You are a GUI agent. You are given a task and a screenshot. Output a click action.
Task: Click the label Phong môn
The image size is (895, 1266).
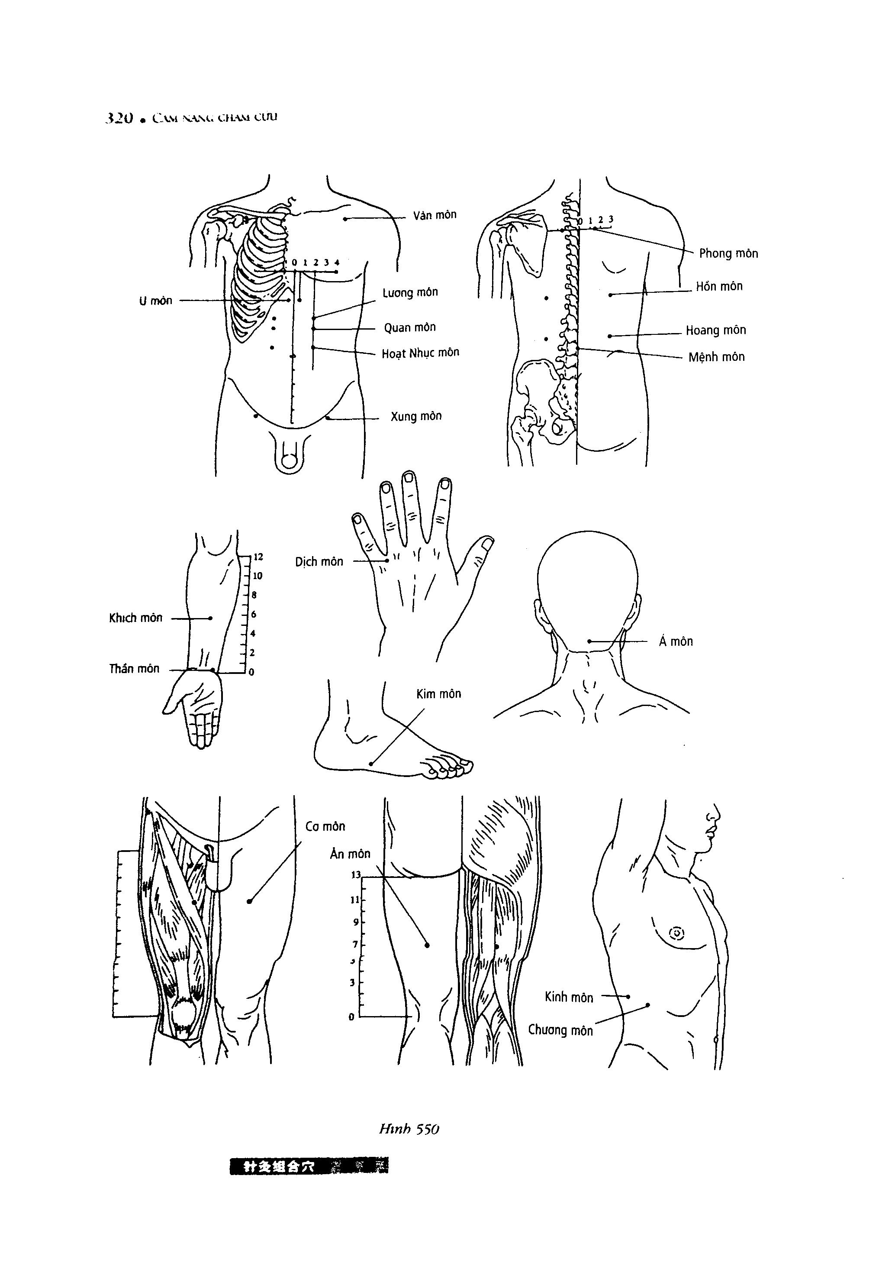728,254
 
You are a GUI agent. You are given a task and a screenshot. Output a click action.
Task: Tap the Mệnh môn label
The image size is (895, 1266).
716,357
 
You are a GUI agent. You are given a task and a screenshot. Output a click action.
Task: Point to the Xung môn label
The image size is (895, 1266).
416,416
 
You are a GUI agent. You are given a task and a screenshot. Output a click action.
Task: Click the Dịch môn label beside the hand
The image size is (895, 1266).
319,562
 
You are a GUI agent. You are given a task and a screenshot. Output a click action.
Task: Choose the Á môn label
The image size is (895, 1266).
676,641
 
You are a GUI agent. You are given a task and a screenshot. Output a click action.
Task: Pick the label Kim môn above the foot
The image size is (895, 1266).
439,694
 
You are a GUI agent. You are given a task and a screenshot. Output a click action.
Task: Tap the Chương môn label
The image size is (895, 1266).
560,1030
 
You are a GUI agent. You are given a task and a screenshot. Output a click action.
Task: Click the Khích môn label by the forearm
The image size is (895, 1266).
135,618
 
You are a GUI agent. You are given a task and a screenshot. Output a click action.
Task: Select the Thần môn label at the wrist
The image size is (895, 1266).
134,669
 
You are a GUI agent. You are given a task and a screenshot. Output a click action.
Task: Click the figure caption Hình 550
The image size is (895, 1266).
409,1129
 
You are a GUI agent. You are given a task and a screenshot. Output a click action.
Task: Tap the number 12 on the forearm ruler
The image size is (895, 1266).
258,557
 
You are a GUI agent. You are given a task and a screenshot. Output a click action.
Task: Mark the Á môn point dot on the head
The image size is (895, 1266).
589,641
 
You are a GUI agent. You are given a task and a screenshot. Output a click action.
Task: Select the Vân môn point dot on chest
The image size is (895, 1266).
345,219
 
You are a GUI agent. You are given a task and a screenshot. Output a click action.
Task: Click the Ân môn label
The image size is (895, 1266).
350,854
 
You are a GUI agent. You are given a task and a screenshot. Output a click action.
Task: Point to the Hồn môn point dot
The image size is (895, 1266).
611,295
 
